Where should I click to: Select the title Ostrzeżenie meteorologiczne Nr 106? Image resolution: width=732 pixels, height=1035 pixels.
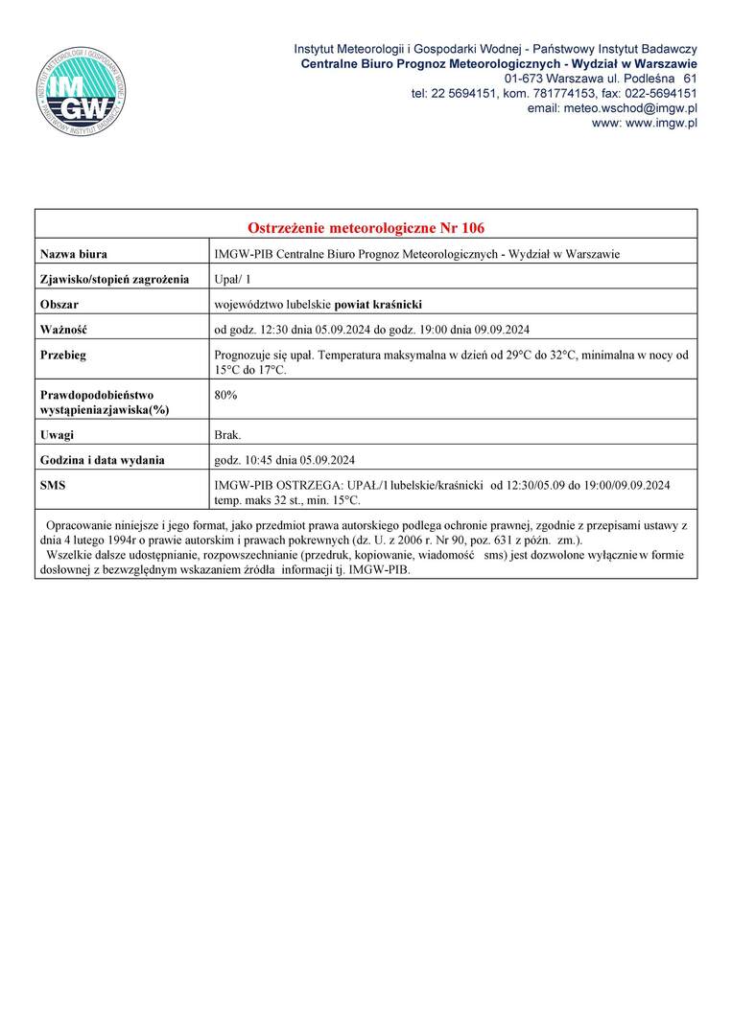(366, 228)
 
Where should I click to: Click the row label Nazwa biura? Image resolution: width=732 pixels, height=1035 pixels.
(74, 254)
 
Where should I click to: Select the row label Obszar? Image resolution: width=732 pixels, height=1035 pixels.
(59, 305)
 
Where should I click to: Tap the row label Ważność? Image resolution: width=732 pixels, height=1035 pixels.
(63, 330)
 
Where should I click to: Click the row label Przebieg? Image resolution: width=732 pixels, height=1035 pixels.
(63, 355)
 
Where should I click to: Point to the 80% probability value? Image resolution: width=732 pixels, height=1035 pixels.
(226, 394)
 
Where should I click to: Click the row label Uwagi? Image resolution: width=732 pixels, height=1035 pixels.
(57, 435)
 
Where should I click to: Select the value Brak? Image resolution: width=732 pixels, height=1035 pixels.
(228, 435)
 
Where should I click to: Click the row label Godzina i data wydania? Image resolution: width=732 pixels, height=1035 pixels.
(103, 460)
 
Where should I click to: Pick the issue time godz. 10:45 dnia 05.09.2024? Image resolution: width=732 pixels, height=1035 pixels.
(285, 460)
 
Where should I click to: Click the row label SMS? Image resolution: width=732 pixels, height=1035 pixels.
(53, 485)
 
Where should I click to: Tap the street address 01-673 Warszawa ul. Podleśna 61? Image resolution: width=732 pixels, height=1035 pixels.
(600, 78)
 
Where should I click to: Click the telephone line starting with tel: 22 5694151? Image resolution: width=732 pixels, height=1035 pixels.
(554, 93)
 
